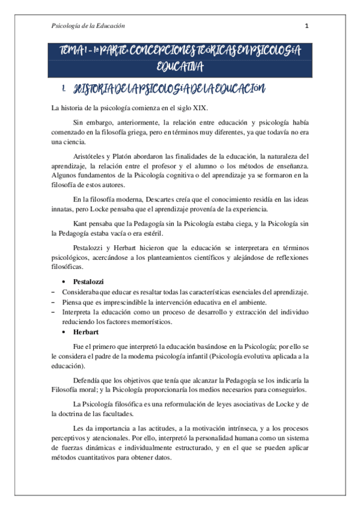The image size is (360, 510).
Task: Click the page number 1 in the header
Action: (307, 26)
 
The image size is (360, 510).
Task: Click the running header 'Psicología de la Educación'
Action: (88, 26)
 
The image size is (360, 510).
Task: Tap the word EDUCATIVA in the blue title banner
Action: (180, 66)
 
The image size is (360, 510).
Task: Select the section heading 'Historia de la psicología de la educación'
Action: (168, 90)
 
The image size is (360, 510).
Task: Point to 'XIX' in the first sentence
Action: (199, 108)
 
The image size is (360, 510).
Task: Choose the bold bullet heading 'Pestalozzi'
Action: (88, 281)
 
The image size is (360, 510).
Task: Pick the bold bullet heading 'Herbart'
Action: (85, 332)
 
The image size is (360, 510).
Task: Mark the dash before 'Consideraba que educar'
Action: (53, 292)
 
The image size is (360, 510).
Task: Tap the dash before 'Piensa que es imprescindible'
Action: (53, 301)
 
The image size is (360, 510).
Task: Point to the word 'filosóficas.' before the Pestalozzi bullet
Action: (68, 266)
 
